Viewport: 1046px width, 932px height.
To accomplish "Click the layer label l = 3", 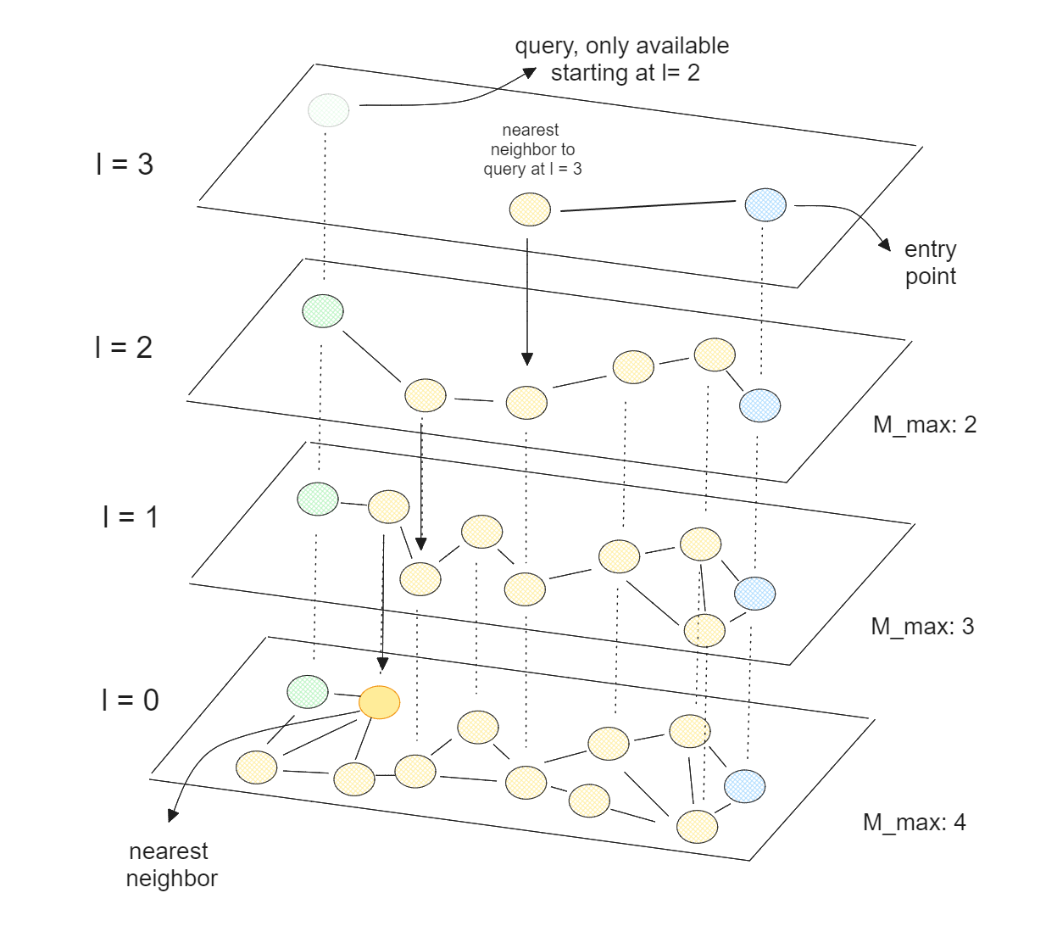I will coord(125,164).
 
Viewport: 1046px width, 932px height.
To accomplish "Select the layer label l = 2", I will coord(124,347).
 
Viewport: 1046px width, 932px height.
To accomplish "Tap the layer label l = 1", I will coord(130,516).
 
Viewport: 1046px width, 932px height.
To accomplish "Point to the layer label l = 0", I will coord(130,700).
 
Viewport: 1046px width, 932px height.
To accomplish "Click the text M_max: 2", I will coord(924,424).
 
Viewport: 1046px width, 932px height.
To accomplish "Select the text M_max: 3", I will coord(922,626).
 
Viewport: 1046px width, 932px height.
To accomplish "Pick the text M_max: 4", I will coord(914,822).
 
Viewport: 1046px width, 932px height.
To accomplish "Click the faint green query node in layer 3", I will coord(328,110).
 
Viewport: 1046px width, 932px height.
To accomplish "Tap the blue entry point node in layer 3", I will coord(765,204).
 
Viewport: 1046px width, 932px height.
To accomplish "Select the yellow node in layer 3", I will coord(530,209).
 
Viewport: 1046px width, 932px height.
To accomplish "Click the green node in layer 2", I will coord(323,310).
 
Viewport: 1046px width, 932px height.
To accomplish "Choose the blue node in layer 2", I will coord(759,405).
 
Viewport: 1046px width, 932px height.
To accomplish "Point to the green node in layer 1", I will coord(318,499).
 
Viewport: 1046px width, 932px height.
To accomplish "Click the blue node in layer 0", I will coord(744,786).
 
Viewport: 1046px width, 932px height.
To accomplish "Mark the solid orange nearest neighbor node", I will coord(379,702).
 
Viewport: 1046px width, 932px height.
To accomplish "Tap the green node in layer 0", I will coord(308,691).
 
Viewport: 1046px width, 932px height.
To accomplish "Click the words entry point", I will coord(930,262).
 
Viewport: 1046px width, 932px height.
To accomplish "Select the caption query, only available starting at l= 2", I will coord(622,59).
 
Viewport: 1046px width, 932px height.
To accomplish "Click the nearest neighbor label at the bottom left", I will coord(170,864).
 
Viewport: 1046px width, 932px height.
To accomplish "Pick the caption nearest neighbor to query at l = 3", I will coord(532,149).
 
